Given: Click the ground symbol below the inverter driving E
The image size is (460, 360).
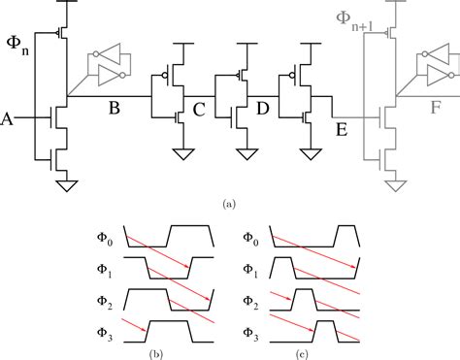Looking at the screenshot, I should [x=310, y=152].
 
